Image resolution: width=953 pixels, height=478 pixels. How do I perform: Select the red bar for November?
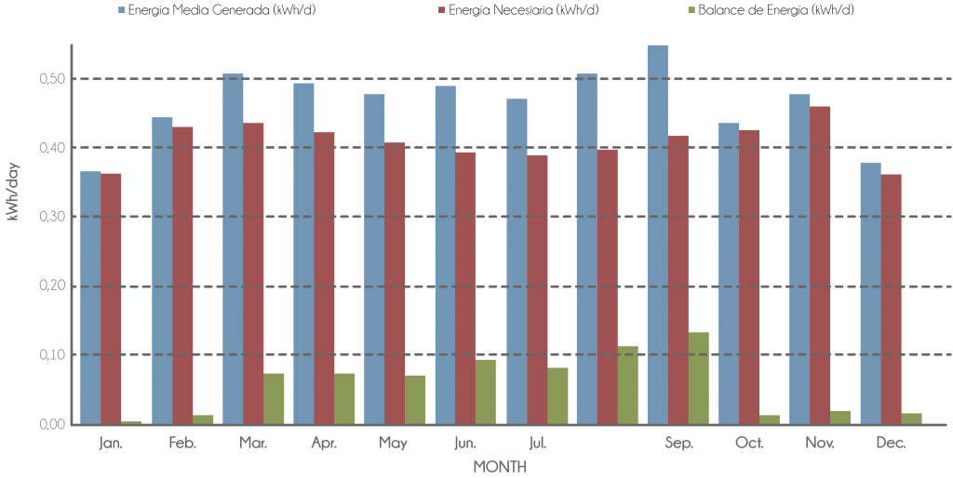pos(821,265)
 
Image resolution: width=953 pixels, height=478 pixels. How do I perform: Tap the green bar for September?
pos(698,378)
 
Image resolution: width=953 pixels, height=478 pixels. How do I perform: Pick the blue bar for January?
pos(90,298)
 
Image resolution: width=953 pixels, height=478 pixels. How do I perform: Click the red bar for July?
pos(538,289)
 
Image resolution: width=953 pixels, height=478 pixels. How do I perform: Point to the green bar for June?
pos(486,392)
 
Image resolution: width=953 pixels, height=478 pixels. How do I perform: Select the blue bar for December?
pos(870,293)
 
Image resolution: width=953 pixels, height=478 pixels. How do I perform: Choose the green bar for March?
pos(274,398)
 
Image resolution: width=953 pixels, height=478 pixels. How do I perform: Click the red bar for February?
pos(183,275)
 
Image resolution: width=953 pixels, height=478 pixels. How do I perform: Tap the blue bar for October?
pos(729,273)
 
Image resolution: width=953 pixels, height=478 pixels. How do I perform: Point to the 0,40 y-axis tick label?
pos(52,148)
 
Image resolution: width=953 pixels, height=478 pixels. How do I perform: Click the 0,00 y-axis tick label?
pos(52,424)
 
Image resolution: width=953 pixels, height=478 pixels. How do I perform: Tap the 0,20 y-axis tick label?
pos(52,286)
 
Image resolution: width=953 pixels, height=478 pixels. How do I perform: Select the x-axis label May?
pos(393,443)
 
